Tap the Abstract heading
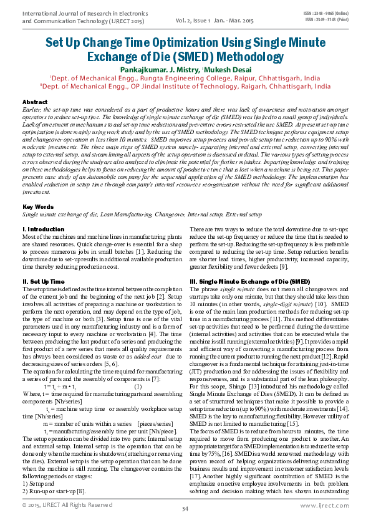pos(34,102)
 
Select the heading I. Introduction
pos(42,230)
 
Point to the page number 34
pos(185,509)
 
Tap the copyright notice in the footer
pos(67,505)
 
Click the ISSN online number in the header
pos(327,12)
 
